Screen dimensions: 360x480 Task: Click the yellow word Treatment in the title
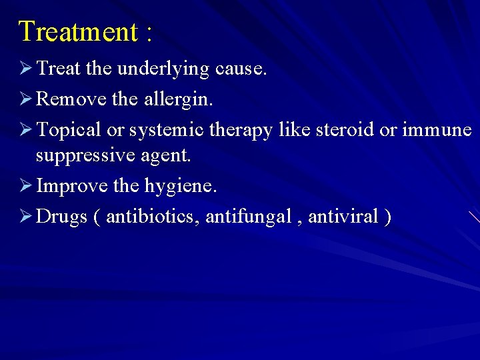coord(77,31)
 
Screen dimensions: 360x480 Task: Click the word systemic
coord(167,130)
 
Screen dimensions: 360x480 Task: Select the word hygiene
coord(181,186)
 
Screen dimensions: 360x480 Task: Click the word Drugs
coord(62,217)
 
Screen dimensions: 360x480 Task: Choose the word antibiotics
coord(153,216)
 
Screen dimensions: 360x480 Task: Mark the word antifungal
coord(248,216)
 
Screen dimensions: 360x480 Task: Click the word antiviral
coord(343,216)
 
